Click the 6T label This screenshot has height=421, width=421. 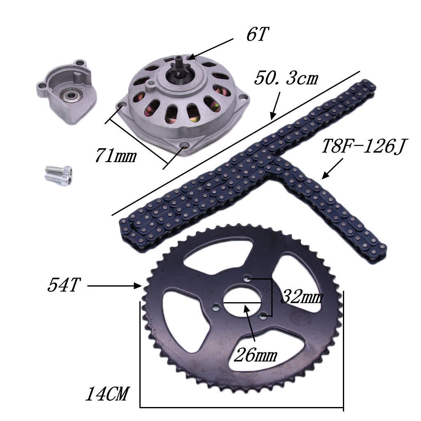(x=257, y=35)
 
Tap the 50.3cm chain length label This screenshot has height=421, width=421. (x=286, y=78)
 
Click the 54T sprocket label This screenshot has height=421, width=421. (x=63, y=285)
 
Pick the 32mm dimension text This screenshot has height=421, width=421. (x=302, y=296)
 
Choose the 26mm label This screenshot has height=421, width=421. (x=255, y=355)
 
